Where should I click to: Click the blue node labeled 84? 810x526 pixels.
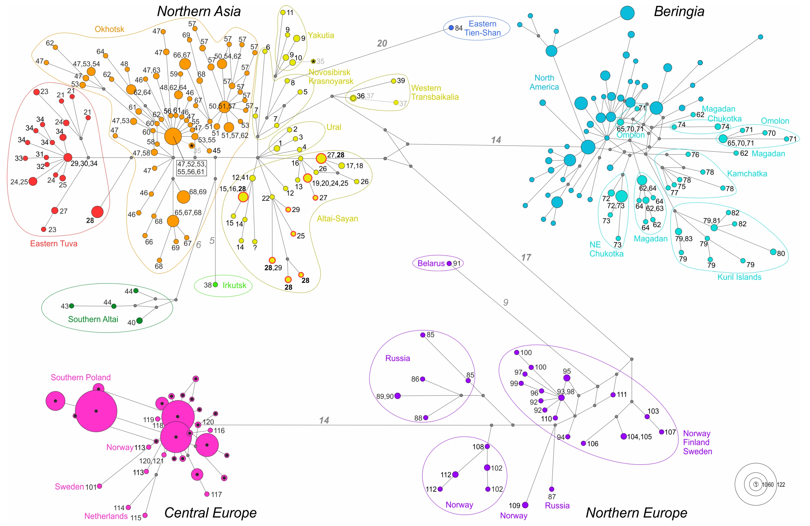tap(451, 28)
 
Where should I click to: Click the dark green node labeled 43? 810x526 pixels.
tap(72, 306)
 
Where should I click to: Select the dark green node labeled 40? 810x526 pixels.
tap(139, 321)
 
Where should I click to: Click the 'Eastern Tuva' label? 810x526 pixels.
tap(54, 244)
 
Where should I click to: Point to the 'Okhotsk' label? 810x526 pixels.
tap(109, 29)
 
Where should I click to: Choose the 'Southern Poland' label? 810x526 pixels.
tap(81, 377)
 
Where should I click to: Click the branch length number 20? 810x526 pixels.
tap(382, 43)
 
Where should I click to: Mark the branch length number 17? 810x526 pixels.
tap(526, 258)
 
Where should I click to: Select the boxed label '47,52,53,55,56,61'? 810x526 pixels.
tap(191, 168)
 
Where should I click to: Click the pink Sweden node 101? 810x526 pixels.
tap(99, 486)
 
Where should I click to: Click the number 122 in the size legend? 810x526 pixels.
tap(781, 484)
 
